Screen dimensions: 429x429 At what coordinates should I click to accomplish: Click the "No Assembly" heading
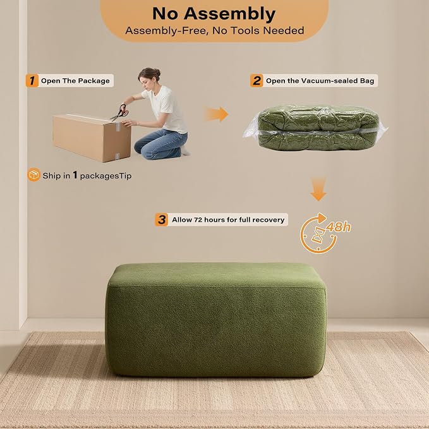(x=214, y=13)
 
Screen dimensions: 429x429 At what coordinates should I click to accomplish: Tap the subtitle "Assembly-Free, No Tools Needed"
(x=215, y=30)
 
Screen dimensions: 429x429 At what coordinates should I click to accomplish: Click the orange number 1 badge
(x=32, y=80)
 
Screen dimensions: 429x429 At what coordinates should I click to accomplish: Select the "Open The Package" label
(x=75, y=81)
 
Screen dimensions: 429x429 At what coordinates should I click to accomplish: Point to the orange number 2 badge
(x=257, y=80)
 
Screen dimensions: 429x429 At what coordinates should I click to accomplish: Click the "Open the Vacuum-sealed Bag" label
(x=320, y=81)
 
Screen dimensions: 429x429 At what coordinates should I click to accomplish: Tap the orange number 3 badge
(x=161, y=219)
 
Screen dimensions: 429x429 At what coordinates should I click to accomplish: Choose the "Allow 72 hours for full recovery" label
(x=228, y=220)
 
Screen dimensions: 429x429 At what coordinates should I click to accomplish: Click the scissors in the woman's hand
(x=120, y=112)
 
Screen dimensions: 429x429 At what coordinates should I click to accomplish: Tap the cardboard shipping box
(x=92, y=138)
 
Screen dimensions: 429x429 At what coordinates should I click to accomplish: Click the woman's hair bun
(x=157, y=73)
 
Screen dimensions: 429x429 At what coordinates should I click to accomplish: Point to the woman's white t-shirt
(x=166, y=108)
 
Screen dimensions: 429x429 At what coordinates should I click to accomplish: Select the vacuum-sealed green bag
(x=315, y=128)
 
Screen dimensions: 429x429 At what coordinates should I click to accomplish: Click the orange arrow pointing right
(x=217, y=114)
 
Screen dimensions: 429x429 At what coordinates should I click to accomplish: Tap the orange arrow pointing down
(x=318, y=189)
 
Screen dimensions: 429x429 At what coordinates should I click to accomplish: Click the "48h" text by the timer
(x=338, y=227)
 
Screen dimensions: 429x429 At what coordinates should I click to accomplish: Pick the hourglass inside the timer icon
(x=318, y=235)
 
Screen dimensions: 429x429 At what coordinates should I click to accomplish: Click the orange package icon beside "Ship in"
(x=34, y=174)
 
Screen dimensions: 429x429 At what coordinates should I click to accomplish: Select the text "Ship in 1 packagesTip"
(x=87, y=176)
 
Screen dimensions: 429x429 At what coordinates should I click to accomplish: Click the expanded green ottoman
(x=216, y=320)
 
